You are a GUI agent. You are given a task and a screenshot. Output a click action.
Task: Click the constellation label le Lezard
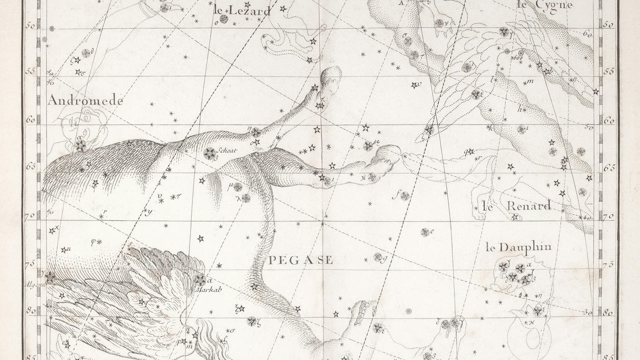[x=241, y=10]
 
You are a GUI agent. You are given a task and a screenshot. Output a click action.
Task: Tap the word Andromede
[x=85, y=101]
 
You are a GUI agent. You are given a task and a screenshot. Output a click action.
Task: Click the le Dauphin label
[x=518, y=247]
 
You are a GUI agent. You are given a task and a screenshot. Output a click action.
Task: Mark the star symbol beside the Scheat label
[x=210, y=153]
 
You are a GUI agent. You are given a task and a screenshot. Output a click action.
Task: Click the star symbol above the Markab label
[x=200, y=279]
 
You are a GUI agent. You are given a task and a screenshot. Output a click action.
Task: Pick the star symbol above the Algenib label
[x=49, y=276]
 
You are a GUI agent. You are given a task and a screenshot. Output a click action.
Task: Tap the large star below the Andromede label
[x=80, y=145]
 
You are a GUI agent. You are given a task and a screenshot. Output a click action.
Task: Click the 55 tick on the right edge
[x=608, y=72]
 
